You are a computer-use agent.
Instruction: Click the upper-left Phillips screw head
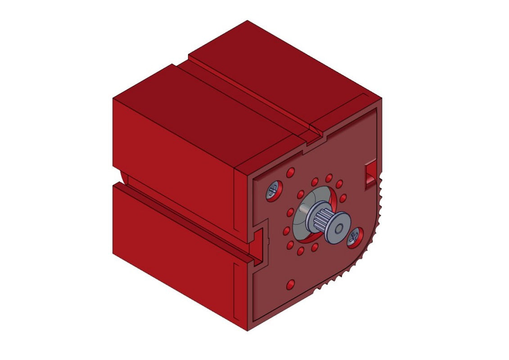click(x=272, y=191)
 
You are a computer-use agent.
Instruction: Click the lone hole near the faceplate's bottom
click(x=291, y=284)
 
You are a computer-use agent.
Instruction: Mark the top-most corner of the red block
click(x=247, y=21)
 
